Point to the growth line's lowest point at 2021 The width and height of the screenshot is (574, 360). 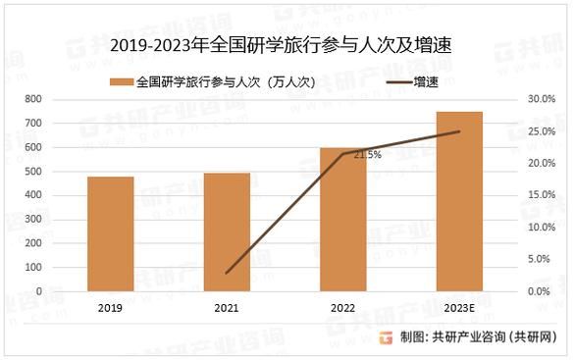click(227, 273)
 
